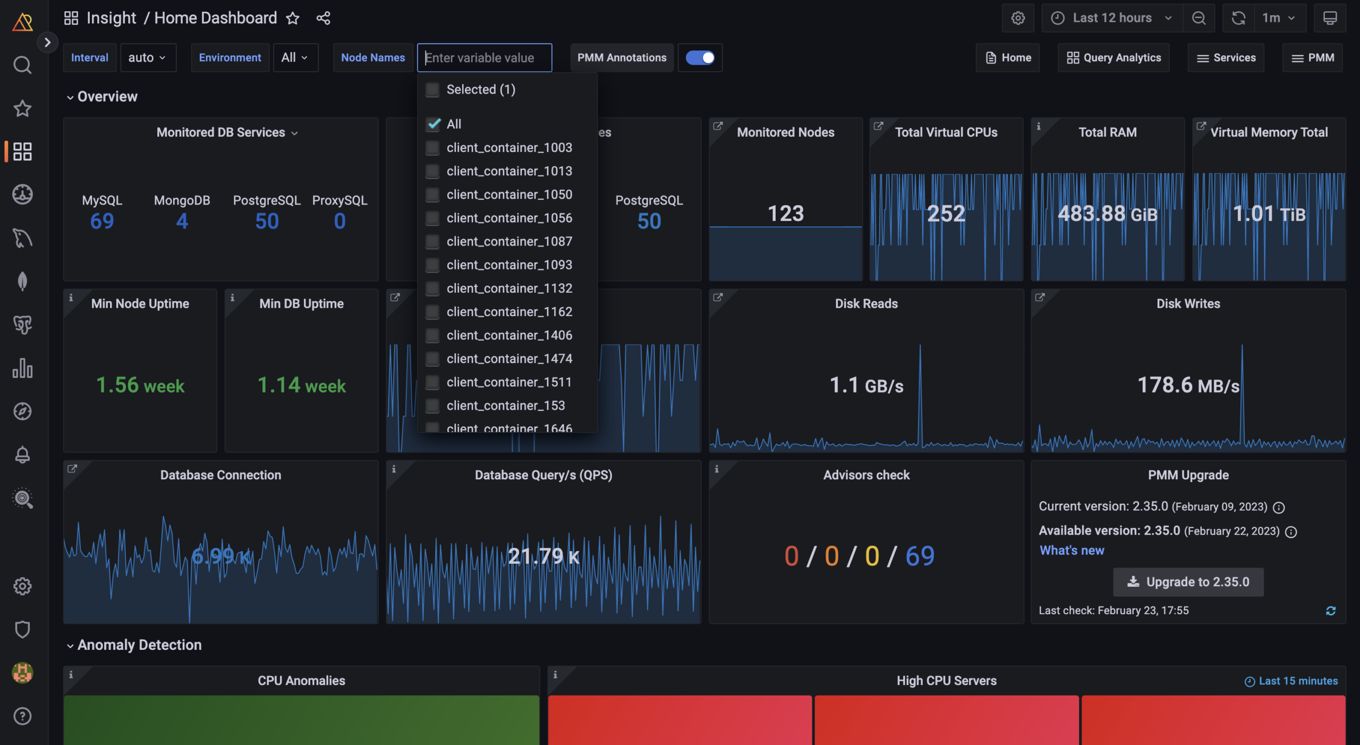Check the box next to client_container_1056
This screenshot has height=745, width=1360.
click(432, 218)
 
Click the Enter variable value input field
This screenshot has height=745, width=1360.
click(484, 58)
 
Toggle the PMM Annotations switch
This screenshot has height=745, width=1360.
click(700, 58)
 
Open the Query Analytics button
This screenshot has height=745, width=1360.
click(1113, 58)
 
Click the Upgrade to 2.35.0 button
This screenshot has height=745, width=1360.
click(1188, 582)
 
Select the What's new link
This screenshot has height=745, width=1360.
click(1072, 551)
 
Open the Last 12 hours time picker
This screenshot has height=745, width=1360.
click(1112, 18)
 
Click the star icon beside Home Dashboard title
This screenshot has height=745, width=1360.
click(293, 19)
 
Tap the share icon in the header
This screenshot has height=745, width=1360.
click(323, 19)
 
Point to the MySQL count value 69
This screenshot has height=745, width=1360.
click(102, 221)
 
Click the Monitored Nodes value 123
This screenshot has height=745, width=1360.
click(785, 214)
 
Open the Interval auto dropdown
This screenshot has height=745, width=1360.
click(147, 58)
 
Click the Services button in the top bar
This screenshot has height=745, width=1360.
click(1226, 58)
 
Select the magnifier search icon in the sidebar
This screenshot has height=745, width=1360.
click(22, 65)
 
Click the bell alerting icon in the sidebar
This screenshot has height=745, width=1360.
click(22, 455)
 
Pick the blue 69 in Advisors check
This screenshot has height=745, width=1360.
click(920, 556)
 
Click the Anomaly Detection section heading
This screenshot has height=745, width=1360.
click(139, 645)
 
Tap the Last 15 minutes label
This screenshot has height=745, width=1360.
click(1297, 681)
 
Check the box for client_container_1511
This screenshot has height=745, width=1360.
click(432, 383)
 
